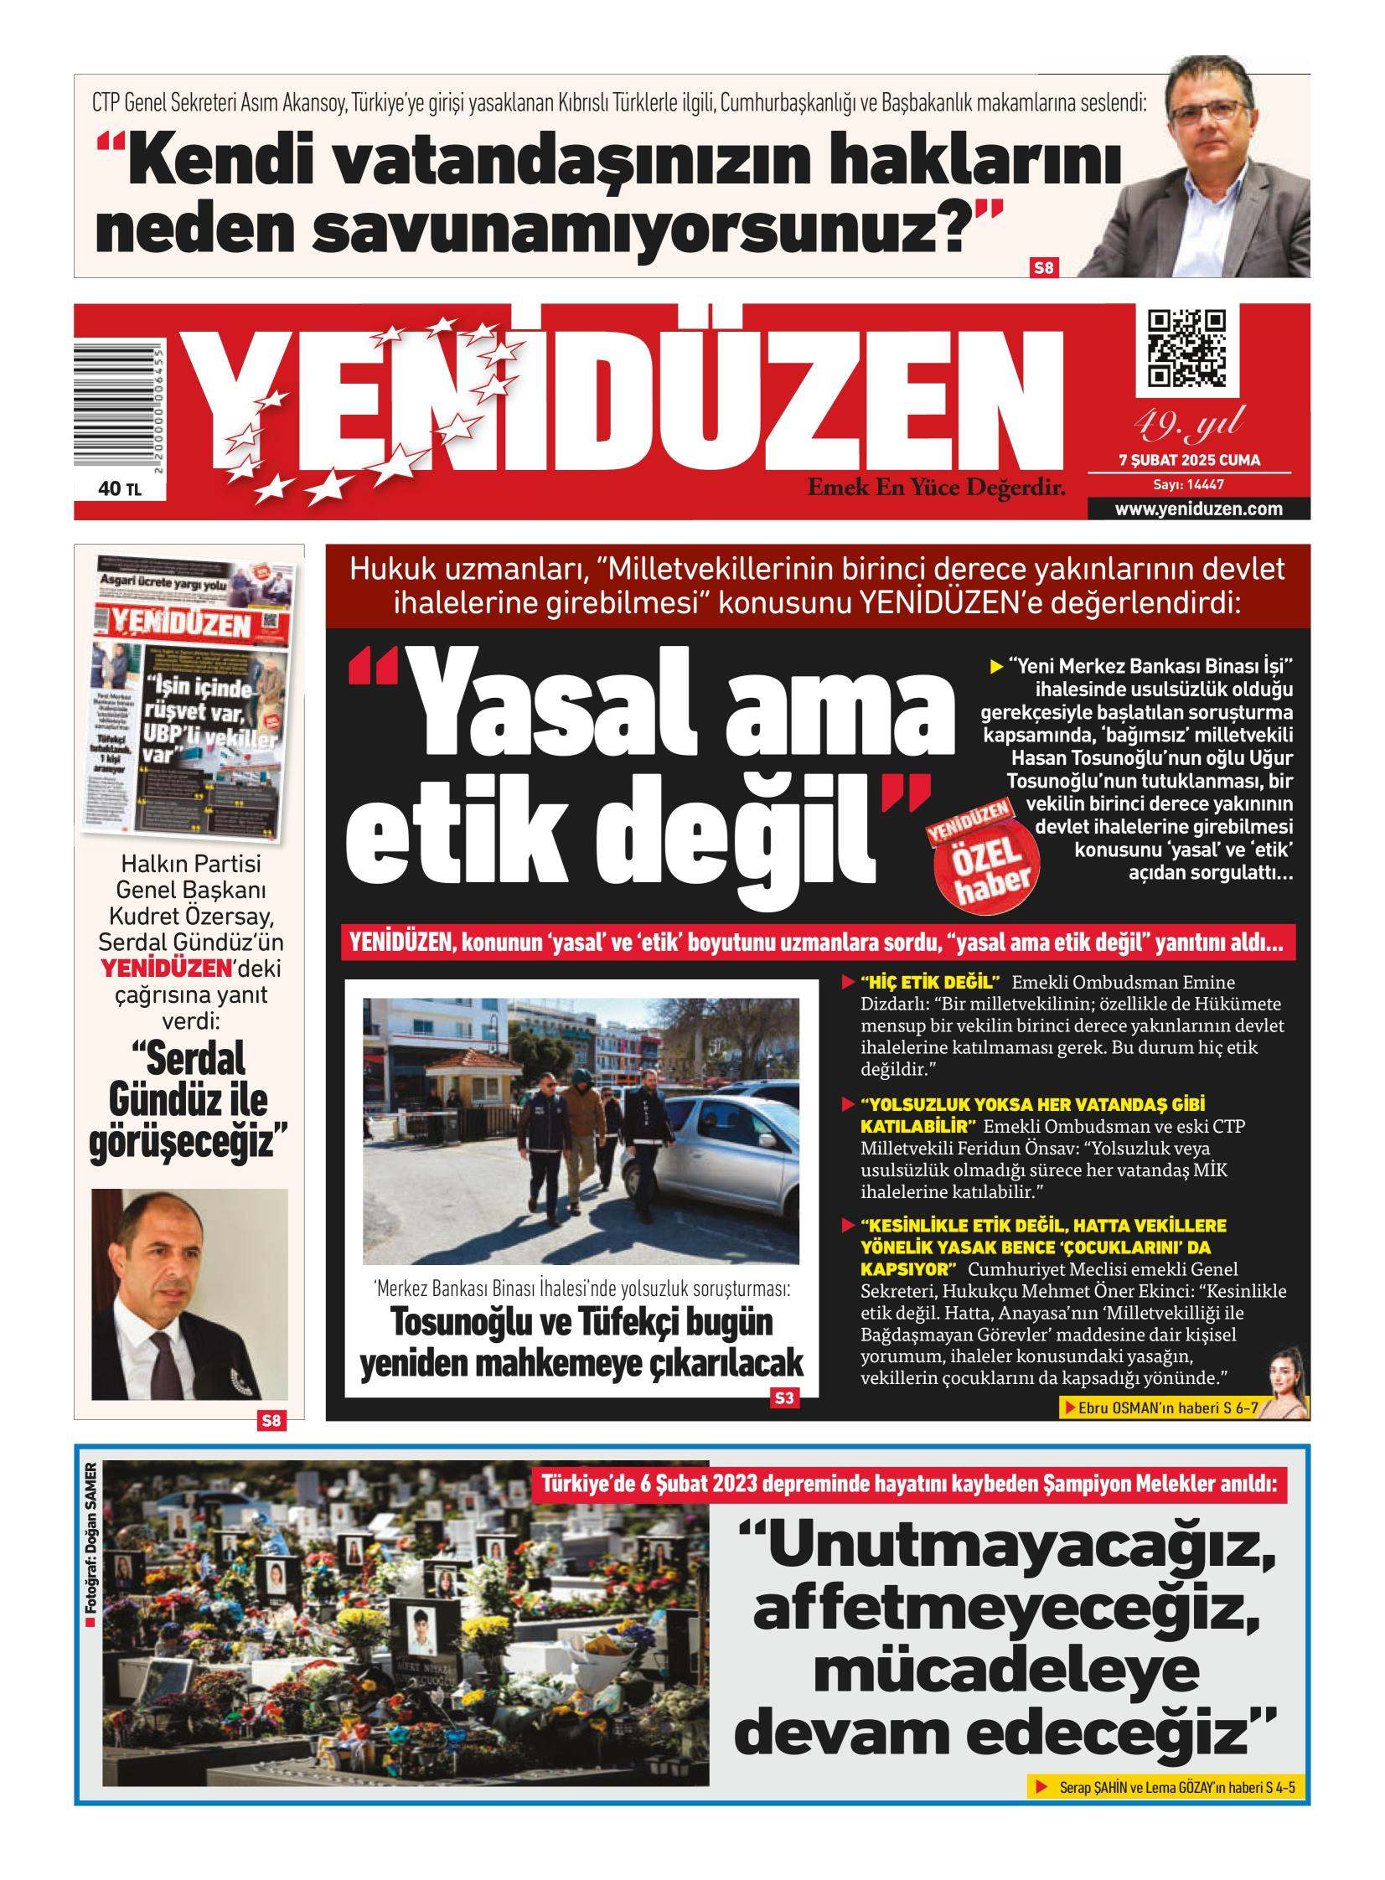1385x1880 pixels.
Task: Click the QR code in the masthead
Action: (1186, 348)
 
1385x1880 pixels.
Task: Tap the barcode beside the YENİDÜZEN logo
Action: (118, 407)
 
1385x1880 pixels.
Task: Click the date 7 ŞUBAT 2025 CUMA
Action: (1189, 460)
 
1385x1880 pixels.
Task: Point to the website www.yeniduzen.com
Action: (1198, 509)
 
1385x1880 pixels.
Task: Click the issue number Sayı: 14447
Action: (1189, 484)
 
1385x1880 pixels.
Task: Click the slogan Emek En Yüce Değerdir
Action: (936, 487)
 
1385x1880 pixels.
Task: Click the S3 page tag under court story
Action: (784, 1397)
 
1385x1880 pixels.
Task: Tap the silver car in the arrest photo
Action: (722, 1157)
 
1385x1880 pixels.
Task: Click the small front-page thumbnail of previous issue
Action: (194, 695)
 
